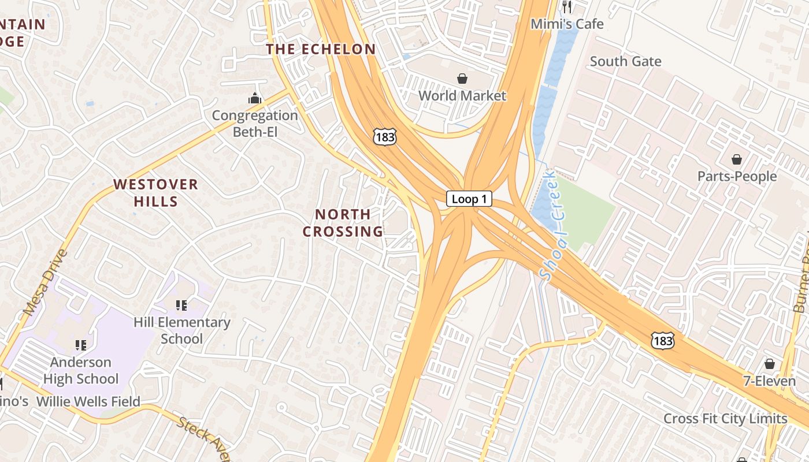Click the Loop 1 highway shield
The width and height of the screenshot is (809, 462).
coord(469,199)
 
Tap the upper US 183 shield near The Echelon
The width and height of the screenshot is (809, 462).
coord(384,137)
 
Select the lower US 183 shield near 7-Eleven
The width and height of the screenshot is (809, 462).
coord(662,341)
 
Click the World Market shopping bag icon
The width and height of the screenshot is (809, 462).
coord(462,79)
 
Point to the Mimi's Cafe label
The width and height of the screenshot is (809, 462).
coord(567,24)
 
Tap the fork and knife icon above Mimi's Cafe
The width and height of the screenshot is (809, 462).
coord(567,7)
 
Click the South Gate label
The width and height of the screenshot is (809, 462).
coord(625,61)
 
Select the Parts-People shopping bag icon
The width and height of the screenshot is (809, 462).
coord(737,159)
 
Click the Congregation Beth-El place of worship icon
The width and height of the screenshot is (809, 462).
coord(255,99)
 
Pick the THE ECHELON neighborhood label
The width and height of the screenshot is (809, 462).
coord(321,49)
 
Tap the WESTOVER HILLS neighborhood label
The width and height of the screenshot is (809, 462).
coord(155,193)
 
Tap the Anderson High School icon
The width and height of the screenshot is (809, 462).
coord(81,345)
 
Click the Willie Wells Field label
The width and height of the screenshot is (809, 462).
coord(88,401)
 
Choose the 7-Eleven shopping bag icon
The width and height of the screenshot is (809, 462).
coord(769,364)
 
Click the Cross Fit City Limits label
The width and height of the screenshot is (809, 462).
coord(725,419)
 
